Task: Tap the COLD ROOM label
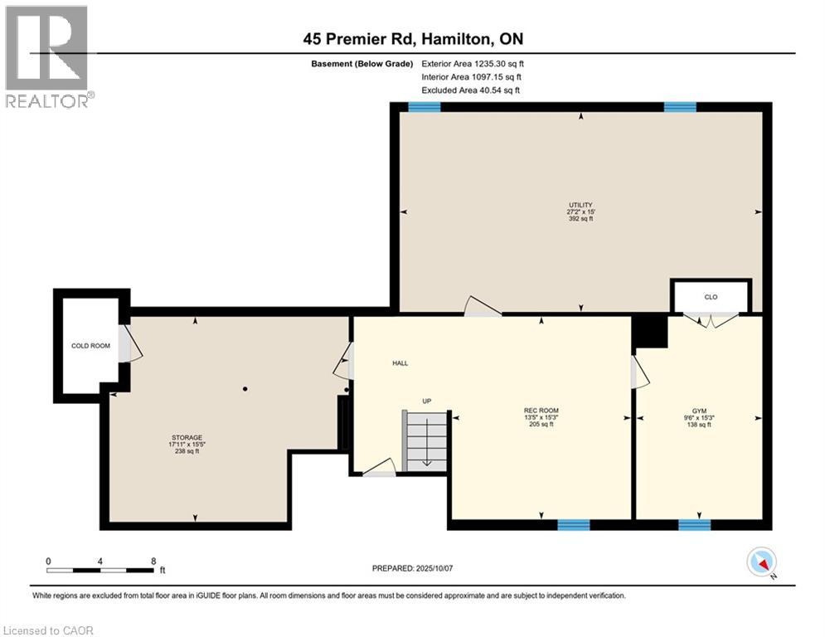pyautogui.click(x=90, y=346)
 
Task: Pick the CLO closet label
pyautogui.click(x=711, y=295)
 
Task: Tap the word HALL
pyautogui.click(x=400, y=363)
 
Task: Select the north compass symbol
pyautogui.click(x=761, y=563)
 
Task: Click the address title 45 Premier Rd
pyautogui.click(x=412, y=39)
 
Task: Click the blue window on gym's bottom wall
pyautogui.click(x=694, y=524)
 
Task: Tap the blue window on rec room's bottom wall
pyautogui.click(x=573, y=524)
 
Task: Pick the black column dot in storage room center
pyautogui.click(x=245, y=388)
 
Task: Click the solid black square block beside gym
pyautogui.click(x=650, y=332)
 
